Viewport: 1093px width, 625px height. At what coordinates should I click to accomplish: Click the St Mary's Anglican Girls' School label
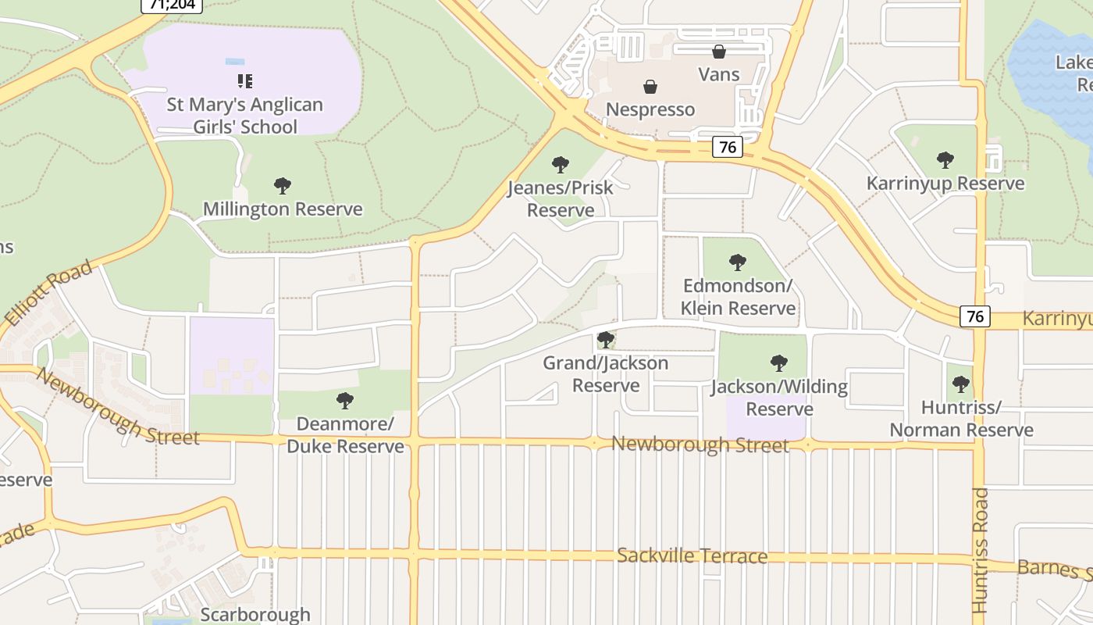(244, 116)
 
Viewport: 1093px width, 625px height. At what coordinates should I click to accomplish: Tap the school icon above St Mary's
(245, 80)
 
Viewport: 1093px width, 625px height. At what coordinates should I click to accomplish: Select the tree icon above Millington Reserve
(283, 186)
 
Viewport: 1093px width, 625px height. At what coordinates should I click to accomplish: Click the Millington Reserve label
(283, 209)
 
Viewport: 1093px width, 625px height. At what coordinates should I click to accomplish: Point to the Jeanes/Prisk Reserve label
(561, 199)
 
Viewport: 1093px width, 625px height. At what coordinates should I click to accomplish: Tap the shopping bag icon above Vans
(718, 52)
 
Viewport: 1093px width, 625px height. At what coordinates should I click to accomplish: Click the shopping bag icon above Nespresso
(650, 86)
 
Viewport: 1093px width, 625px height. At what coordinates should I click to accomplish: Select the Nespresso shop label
(650, 109)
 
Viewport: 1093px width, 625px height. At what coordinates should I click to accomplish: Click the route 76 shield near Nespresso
(727, 147)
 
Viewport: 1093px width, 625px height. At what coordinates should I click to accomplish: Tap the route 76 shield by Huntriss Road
(974, 316)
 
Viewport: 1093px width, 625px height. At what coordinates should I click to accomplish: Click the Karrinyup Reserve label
(945, 184)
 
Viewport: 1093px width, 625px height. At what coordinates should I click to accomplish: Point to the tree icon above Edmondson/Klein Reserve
(737, 262)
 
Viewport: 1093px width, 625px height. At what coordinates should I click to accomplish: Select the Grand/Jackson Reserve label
(606, 374)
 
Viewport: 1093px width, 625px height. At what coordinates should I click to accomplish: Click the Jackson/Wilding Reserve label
(779, 398)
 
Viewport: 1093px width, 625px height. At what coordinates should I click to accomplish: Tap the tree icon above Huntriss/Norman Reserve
(961, 384)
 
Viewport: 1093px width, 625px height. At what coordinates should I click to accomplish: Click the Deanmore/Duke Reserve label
(345, 435)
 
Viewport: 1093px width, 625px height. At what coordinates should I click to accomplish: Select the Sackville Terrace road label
(692, 556)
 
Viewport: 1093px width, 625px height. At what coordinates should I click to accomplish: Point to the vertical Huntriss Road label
(981, 551)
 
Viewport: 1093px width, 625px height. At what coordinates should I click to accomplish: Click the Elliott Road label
(48, 294)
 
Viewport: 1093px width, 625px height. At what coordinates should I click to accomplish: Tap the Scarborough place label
(255, 615)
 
